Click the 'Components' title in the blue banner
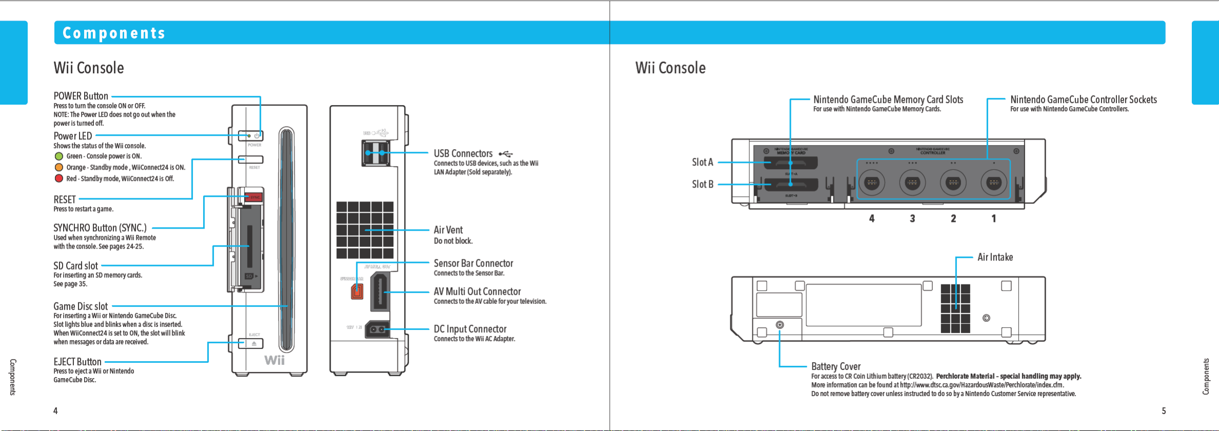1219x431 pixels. pos(114,33)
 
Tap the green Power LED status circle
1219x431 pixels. pos(59,156)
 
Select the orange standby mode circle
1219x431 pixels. pos(59,168)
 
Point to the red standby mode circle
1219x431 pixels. pos(59,178)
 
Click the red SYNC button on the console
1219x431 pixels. pos(254,197)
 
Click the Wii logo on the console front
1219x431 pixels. pos(274,360)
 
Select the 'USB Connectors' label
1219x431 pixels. pos(463,154)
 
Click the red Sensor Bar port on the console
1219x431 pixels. pos(357,292)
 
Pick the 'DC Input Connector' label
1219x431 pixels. pos(470,329)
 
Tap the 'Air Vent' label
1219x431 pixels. pos(448,230)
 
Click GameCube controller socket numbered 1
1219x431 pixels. pos(994,182)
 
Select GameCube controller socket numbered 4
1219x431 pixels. pos(872,182)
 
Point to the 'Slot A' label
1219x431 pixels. pos(703,162)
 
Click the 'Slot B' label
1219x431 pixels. pos(703,184)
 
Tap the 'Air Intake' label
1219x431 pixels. pos(995,257)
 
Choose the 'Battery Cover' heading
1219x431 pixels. pos(836,366)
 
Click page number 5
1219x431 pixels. pos(1164,411)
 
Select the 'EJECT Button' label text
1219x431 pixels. pos(77,362)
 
